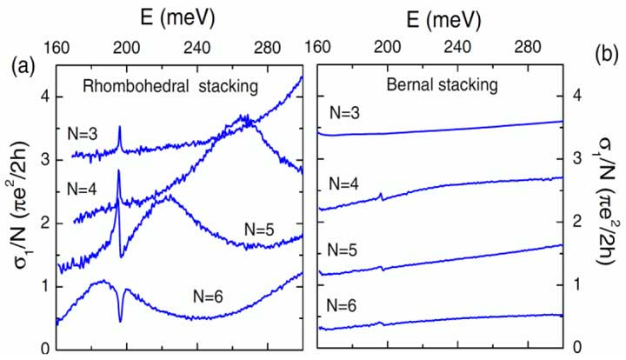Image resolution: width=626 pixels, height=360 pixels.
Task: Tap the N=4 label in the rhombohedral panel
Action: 86,189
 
